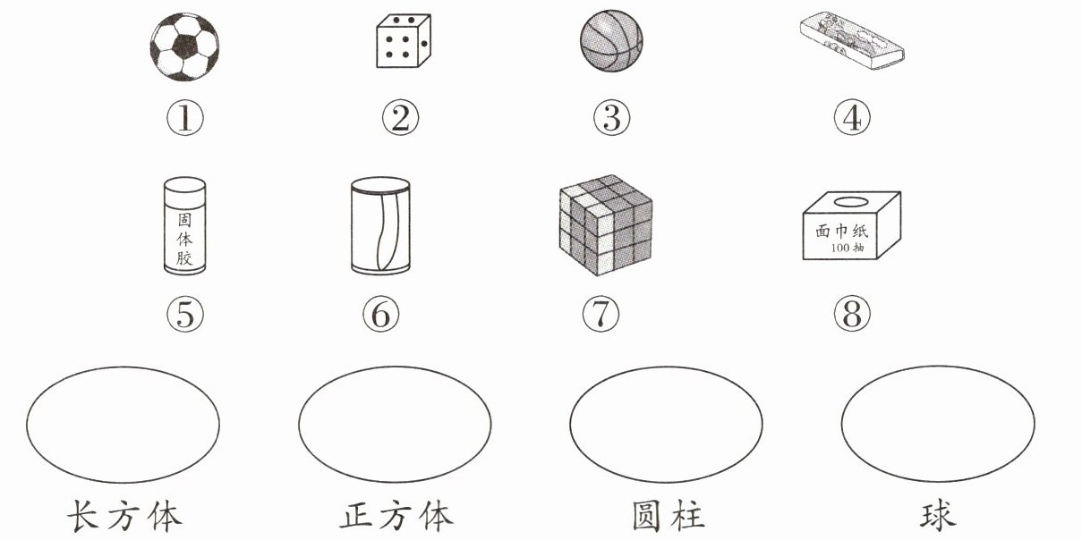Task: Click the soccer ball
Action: click(x=184, y=46)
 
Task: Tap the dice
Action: click(x=404, y=41)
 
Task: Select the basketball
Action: click(x=611, y=40)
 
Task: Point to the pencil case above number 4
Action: click(x=852, y=41)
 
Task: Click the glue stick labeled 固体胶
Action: click(x=184, y=226)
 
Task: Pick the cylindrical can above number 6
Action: click(x=380, y=226)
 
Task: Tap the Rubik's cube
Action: click(x=606, y=225)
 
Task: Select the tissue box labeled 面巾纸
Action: click(x=852, y=225)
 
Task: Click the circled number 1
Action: click(x=185, y=118)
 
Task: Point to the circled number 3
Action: click(x=611, y=118)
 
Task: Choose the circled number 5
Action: click(x=185, y=314)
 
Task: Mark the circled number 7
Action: click(x=601, y=314)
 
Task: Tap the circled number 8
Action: click(x=852, y=314)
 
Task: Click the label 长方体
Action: click(x=124, y=516)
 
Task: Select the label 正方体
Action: click(x=396, y=516)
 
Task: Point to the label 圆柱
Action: click(x=668, y=516)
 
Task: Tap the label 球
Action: click(x=938, y=516)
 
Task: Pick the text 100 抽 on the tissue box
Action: click(x=848, y=248)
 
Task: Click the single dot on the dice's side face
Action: click(x=424, y=44)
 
